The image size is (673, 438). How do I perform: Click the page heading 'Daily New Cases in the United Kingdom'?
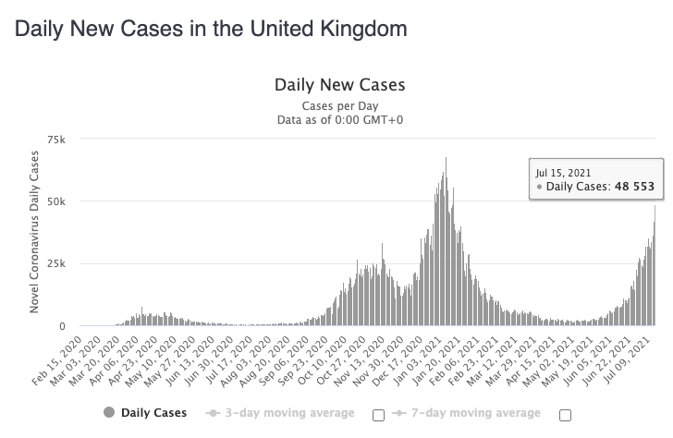point(210,29)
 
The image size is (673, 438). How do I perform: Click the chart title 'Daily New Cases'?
point(339,85)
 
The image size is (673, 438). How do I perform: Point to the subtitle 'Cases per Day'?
point(339,104)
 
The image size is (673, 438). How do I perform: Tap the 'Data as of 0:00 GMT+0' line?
point(339,119)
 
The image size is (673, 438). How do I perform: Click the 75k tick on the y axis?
point(57,140)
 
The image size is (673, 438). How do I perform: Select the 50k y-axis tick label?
point(57,201)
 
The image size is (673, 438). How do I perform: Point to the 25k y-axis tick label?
point(57,263)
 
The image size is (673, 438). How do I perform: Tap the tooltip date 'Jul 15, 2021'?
point(565,172)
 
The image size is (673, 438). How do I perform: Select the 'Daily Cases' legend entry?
point(148,412)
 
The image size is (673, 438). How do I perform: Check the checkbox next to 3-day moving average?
point(377,413)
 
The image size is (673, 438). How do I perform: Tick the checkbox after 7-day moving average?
point(565,413)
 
